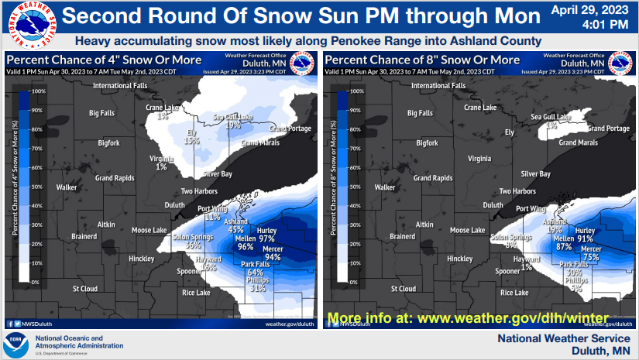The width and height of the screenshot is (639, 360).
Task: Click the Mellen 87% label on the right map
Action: point(563,243)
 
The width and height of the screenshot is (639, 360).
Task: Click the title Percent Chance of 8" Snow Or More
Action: point(422,60)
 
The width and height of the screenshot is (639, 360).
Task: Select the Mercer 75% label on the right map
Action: point(590,253)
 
